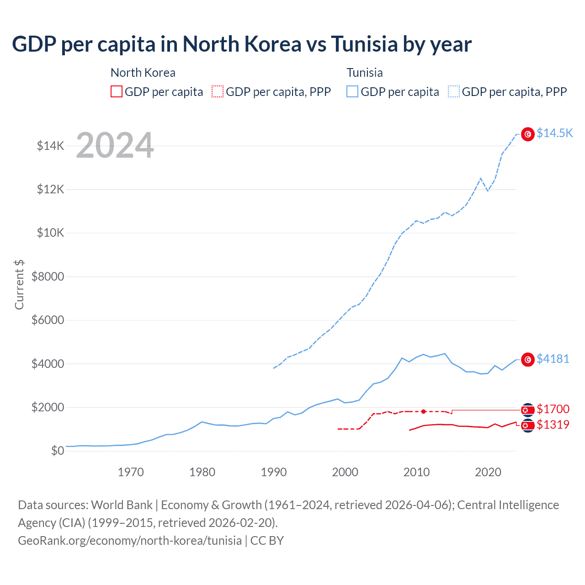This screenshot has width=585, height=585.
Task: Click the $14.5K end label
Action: point(554,133)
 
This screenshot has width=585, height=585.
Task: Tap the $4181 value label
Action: point(553,359)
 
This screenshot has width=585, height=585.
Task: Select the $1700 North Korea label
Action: point(553,409)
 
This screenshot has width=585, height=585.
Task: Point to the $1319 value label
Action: point(553,425)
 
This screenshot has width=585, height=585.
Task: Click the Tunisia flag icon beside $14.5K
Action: point(528,134)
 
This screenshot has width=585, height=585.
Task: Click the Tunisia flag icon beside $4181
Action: point(528,360)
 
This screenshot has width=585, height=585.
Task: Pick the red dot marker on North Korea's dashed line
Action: point(423,412)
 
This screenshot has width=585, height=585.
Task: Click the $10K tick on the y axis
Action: point(50,233)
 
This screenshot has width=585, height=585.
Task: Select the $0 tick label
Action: point(57,451)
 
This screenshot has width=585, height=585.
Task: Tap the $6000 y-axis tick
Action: point(48,320)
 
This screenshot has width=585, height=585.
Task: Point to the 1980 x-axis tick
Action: point(202,472)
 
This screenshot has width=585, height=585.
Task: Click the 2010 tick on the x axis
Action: point(416,472)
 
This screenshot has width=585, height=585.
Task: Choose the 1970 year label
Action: point(131,472)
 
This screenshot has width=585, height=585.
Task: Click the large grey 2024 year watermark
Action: point(115,145)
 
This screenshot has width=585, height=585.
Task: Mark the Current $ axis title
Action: point(19,284)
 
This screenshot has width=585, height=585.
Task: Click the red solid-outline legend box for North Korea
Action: point(117,92)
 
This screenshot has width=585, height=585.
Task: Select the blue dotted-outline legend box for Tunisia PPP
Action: point(454,92)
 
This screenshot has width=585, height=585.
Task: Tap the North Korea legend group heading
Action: point(143,73)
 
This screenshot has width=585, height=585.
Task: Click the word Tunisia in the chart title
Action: point(364,44)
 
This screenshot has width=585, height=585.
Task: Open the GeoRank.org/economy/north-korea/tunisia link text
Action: point(130,541)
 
